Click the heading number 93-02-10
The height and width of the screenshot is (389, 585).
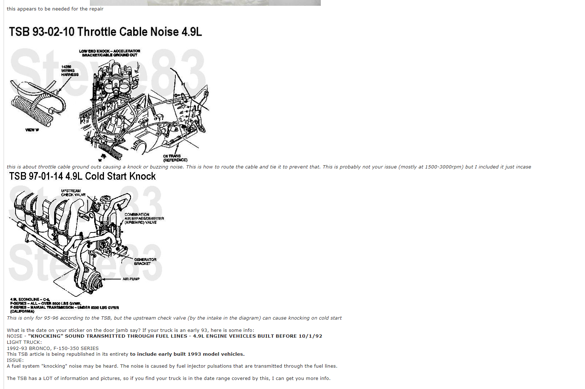coord(53,32)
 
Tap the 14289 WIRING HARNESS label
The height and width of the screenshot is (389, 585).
coord(69,71)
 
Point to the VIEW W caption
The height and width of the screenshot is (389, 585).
coord(32,130)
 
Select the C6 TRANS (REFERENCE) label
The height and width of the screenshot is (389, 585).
coord(175,158)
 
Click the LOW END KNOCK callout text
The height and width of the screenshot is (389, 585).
coord(110,53)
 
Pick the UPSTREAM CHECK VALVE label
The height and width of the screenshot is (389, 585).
coord(73,193)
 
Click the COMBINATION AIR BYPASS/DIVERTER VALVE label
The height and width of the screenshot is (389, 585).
coord(144,218)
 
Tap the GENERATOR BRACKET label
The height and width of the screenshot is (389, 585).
coord(145,261)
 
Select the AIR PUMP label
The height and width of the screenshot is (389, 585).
coord(131,279)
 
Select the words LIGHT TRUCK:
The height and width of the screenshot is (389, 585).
coord(24,342)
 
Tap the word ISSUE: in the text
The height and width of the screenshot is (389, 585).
coord(15,360)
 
